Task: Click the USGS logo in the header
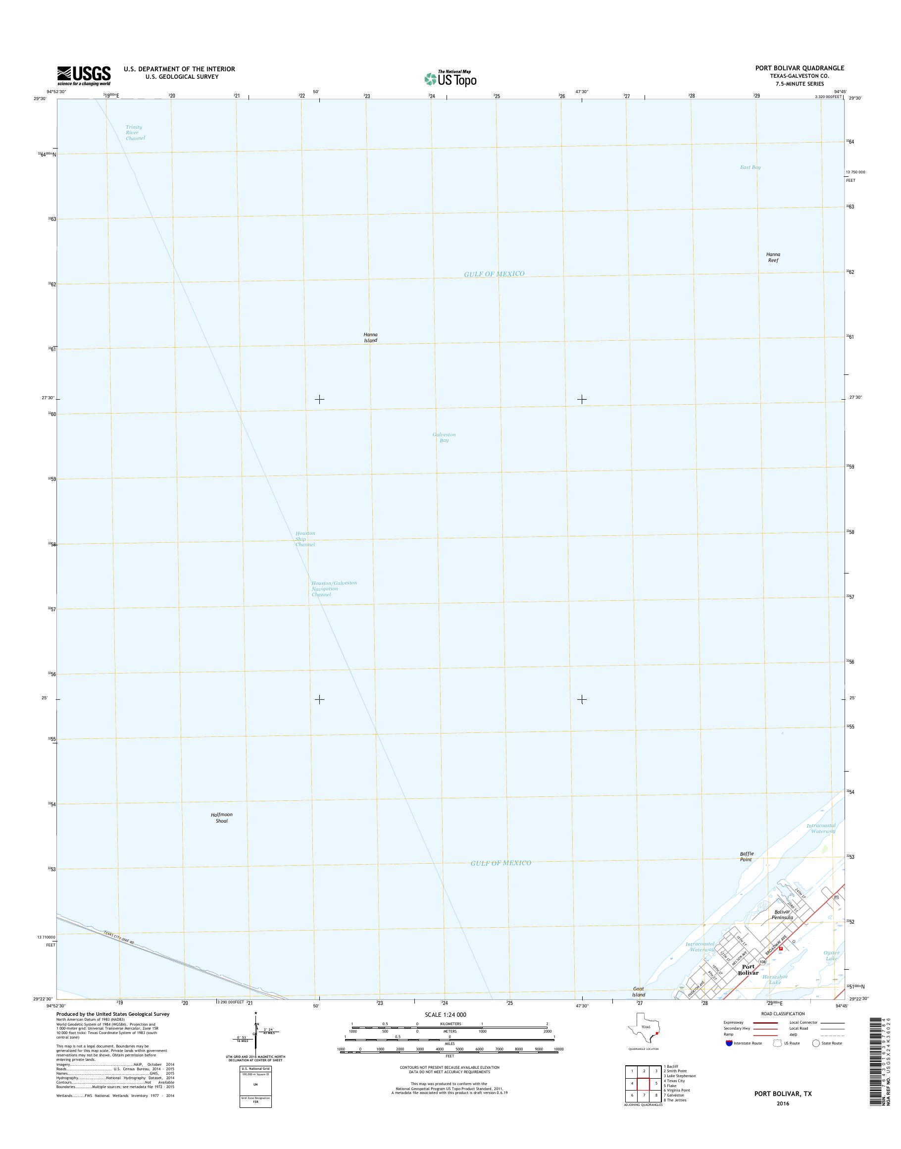[x=84, y=75]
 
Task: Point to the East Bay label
[x=750, y=167]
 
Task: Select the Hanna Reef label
[x=773, y=257]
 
